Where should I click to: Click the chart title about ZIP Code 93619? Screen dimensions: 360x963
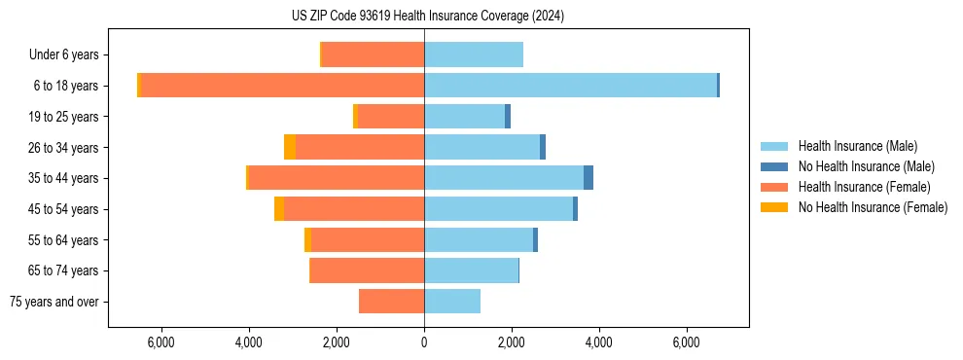tap(427, 17)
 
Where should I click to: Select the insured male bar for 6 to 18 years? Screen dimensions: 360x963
tap(570, 86)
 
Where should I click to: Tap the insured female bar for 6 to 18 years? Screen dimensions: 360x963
tap(283, 86)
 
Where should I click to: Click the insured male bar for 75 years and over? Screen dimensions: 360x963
tap(452, 302)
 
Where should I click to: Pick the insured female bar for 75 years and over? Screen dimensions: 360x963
tap(391, 302)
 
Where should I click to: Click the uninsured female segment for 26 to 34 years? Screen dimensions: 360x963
tap(290, 147)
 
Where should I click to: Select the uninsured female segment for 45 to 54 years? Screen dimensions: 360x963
tap(279, 209)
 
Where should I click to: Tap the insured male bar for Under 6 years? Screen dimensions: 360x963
tap(474, 54)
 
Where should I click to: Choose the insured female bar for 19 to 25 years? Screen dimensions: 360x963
tap(391, 117)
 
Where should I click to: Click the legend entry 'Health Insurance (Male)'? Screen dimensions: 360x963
tap(857, 146)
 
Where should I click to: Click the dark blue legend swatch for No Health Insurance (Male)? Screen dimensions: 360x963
tap(774, 166)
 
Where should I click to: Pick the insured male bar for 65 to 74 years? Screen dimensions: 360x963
tap(471, 270)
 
